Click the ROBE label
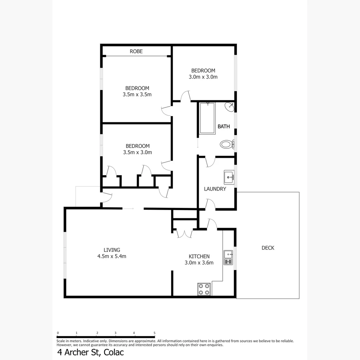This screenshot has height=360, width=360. (136, 51)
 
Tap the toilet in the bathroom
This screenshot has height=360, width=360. (227, 145)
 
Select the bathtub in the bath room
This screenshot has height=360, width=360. (207, 118)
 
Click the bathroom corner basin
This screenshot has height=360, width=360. (230, 107)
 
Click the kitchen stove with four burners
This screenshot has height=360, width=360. (204, 289)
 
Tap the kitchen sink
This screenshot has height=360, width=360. (228, 257)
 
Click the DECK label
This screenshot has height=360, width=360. (268, 248)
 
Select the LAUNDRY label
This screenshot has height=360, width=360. (215, 189)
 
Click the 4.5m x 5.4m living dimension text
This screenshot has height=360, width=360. (112, 256)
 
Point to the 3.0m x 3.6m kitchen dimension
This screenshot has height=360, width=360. (199, 263)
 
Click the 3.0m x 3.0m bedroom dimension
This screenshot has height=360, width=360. (203, 77)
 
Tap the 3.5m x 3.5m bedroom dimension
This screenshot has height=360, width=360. (137, 94)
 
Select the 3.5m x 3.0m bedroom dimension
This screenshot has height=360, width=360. (137, 152)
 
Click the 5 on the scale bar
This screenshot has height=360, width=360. (154, 333)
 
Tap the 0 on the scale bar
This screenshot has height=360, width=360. (58, 333)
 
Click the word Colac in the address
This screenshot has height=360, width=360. (114, 352)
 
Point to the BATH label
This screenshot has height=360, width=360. (224, 126)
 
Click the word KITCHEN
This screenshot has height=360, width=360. (199, 256)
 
